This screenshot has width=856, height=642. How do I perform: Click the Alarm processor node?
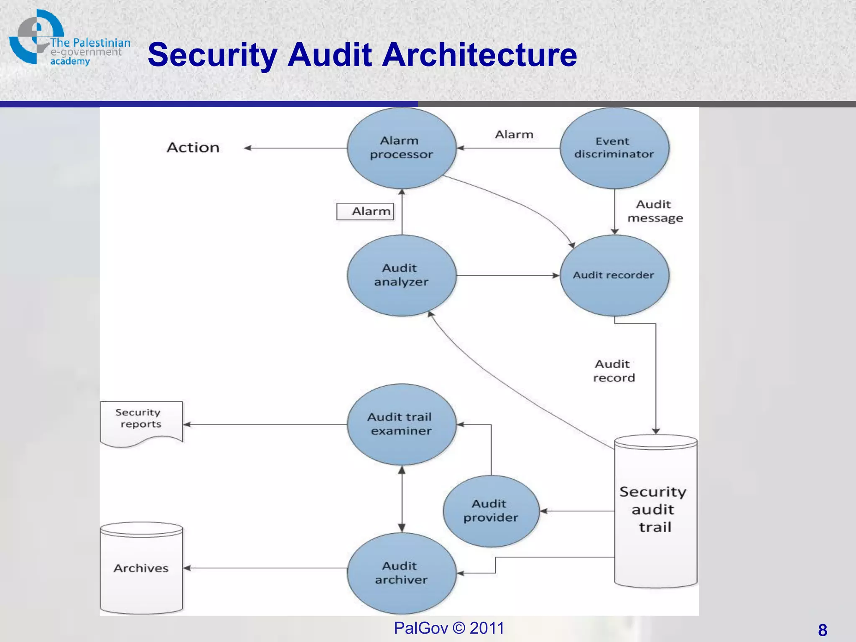(x=401, y=148)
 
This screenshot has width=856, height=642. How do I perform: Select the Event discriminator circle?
(x=614, y=148)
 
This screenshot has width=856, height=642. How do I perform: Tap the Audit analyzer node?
(x=401, y=275)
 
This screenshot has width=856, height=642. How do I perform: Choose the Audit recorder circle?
(x=614, y=275)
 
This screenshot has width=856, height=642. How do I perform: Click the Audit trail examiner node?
(x=401, y=424)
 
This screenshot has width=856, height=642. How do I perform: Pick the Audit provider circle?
(x=491, y=511)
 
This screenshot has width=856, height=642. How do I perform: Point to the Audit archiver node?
(x=401, y=573)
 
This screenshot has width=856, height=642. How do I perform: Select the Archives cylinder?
(x=141, y=568)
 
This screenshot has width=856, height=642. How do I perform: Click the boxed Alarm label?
(x=366, y=211)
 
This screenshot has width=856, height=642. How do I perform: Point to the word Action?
(x=193, y=148)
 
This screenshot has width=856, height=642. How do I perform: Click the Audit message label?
(x=655, y=211)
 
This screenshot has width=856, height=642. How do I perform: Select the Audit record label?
(x=614, y=371)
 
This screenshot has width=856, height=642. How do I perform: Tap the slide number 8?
(x=822, y=630)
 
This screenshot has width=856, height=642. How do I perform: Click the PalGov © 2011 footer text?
(x=449, y=628)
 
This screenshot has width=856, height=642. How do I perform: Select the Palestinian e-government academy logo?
(x=67, y=38)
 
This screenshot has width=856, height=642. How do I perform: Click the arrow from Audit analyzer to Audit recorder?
(x=507, y=275)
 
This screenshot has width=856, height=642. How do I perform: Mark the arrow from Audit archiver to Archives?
(x=265, y=568)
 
